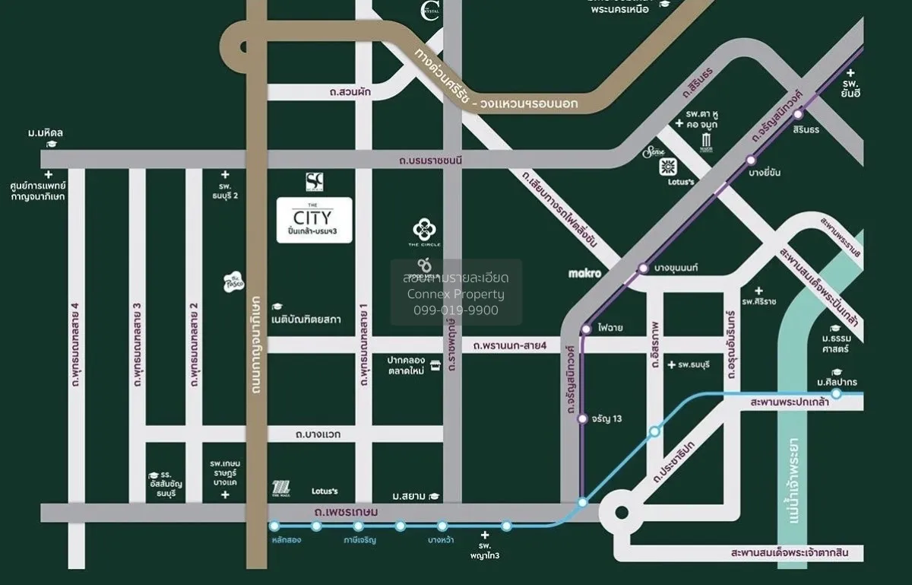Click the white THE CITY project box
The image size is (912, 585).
[x=314, y=220]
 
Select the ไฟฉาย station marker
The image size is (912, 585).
[x=585, y=329]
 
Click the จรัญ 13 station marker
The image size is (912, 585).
[x=582, y=418]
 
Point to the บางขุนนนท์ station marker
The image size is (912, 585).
[x=643, y=268]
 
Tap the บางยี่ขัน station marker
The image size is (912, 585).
[x=751, y=160]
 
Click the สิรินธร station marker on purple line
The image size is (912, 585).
[x=798, y=114]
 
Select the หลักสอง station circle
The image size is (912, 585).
[x=274, y=526]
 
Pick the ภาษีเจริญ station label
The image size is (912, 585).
[x=359, y=540]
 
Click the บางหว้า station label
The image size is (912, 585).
[x=441, y=540]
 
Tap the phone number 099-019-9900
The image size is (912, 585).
[x=456, y=310]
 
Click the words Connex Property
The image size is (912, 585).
[x=456, y=294]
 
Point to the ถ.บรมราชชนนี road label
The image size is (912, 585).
[x=430, y=160]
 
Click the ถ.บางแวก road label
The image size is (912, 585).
[x=318, y=434]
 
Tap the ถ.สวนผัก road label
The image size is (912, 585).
[x=344, y=92]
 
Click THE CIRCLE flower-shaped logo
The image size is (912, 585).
[x=423, y=228]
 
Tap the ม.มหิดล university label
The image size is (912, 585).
[x=46, y=133]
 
